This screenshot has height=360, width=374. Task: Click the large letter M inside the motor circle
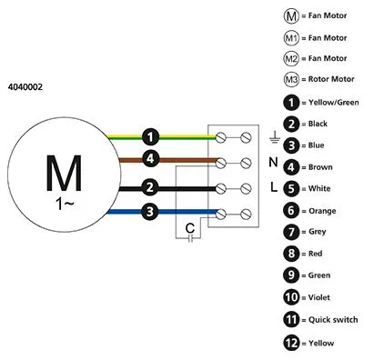point(64,173)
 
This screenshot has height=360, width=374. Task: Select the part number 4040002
point(25,87)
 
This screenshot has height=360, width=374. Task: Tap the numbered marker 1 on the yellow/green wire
point(150,137)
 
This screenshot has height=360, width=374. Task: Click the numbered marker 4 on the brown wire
point(150,158)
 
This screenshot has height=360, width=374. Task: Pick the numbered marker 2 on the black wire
point(150,187)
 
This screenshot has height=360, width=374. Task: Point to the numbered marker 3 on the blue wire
point(150,211)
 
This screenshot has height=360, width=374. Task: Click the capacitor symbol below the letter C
point(190,239)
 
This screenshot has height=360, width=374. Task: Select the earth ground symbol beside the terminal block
point(274,137)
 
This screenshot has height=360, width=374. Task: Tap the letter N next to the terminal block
point(273,163)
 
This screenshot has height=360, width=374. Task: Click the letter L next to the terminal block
point(274,187)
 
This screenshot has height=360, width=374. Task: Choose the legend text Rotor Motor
point(331,79)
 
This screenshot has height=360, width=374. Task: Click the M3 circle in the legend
point(291,79)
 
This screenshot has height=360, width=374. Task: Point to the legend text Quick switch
point(333,320)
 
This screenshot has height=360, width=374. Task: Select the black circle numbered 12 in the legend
point(291,343)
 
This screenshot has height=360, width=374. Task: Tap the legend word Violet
point(319,297)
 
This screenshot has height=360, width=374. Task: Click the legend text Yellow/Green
point(334,103)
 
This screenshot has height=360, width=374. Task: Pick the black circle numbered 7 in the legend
point(291,232)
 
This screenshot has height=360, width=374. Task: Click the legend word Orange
point(322,211)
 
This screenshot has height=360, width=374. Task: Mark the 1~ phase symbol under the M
point(65,205)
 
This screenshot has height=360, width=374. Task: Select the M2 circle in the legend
point(291,58)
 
